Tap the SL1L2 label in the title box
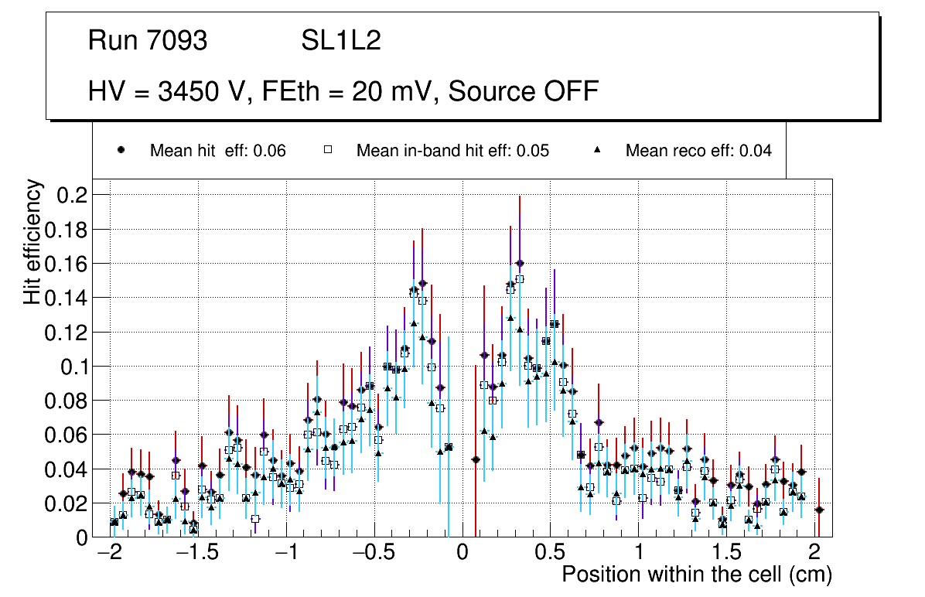pyautogui.click(x=341, y=40)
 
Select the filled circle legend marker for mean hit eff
pyautogui.click(x=121, y=150)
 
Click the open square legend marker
pyautogui.click(x=327, y=150)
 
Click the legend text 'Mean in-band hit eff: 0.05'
pyautogui.click(x=452, y=151)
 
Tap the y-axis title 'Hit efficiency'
pyautogui.click(x=32, y=241)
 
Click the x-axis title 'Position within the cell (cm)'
pyautogui.click(x=696, y=575)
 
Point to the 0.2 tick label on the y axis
pyautogui.click(x=73, y=195)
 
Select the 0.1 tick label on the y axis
pyautogui.click(x=73, y=366)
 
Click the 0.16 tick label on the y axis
pyautogui.click(x=68, y=264)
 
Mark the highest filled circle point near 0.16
pyautogui.click(x=520, y=264)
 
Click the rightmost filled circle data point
pyautogui.click(x=819, y=510)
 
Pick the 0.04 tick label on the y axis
pyautogui.click(x=68, y=469)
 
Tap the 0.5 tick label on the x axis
pyautogui.click(x=550, y=554)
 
